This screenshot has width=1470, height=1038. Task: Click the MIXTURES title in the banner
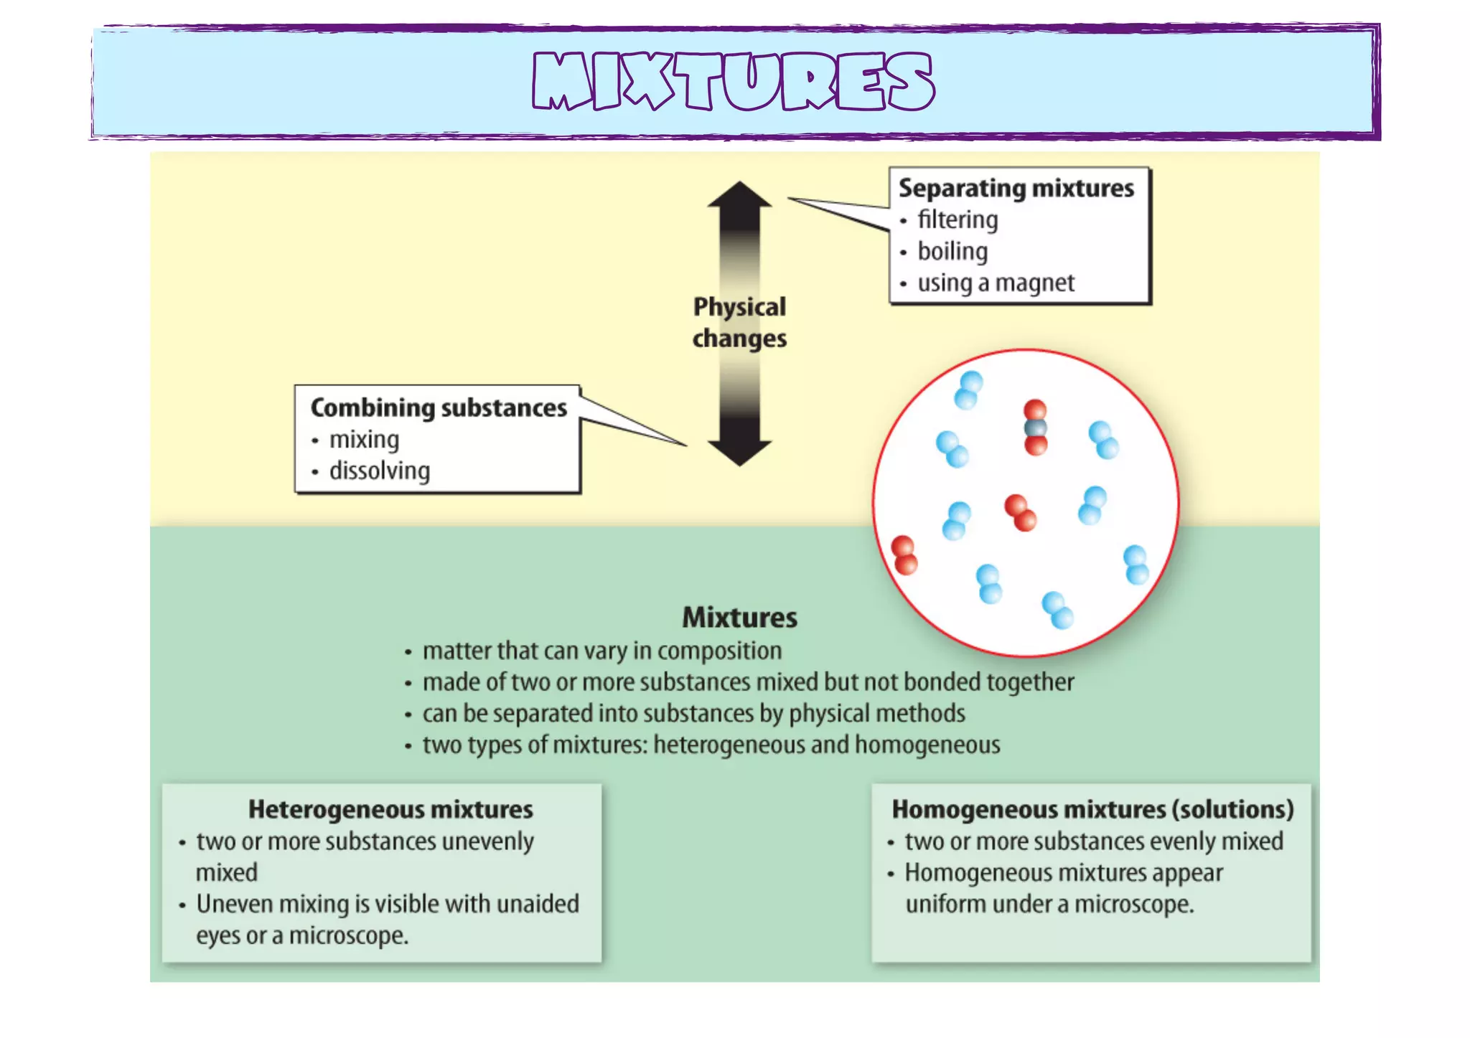click(x=734, y=81)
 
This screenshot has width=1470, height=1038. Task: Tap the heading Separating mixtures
click(x=1016, y=188)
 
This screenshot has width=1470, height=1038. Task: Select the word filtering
click(x=958, y=220)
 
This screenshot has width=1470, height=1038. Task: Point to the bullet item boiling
click(x=952, y=251)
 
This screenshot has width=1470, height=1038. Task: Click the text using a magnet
click(x=996, y=283)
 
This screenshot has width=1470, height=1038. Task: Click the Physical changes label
click(x=739, y=323)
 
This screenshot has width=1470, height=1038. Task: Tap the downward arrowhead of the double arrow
click(x=739, y=452)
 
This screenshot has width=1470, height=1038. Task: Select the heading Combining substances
click(x=439, y=407)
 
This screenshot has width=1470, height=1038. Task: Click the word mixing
click(x=364, y=439)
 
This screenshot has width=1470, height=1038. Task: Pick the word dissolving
click(x=380, y=471)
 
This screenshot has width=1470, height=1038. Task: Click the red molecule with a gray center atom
click(x=1035, y=428)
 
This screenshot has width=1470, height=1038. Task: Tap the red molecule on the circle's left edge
click(x=904, y=555)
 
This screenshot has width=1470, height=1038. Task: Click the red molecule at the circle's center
click(x=1020, y=512)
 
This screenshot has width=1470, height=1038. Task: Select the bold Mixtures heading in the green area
click(x=739, y=618)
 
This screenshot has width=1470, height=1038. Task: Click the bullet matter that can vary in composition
click(x=601, y=651)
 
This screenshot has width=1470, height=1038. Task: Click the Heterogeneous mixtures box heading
click(x=390, y=809)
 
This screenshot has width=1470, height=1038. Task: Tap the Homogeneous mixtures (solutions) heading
click(x=1092, y=809)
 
